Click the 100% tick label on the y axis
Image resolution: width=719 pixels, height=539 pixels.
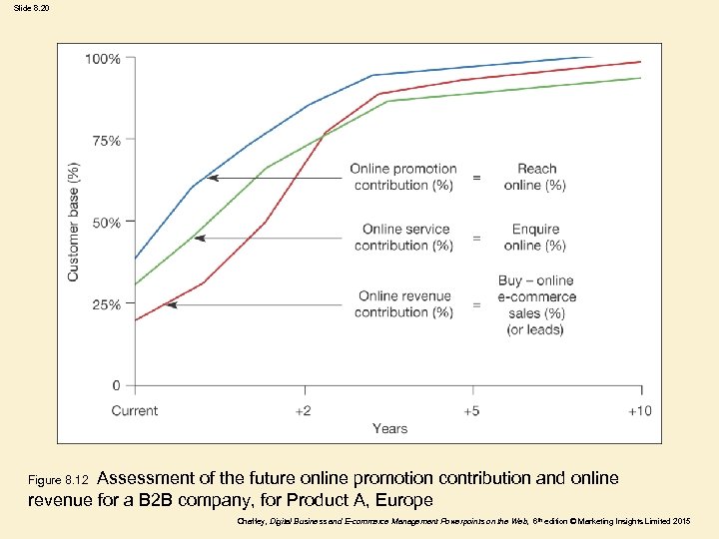tap(102, 59)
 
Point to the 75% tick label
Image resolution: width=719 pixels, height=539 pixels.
tap(106, 141)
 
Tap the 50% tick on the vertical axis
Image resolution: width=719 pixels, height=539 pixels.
tap(106, 223)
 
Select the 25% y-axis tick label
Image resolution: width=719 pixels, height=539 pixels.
tap(106, 304)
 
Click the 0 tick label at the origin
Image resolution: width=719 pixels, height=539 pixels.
tap(116, 386)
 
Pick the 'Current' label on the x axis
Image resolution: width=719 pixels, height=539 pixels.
tap(134, 410)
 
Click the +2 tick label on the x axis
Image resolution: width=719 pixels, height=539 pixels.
tap(303, 410)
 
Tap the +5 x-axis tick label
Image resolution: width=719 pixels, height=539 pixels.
tap(471, 410)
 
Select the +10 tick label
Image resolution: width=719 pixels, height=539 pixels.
tap(640, 410)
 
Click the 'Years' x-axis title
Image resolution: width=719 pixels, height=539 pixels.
tap(389, 428)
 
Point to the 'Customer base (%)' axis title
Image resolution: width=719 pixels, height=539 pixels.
tap(73, 222)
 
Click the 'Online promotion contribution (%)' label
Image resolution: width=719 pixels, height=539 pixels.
tap(403, 177)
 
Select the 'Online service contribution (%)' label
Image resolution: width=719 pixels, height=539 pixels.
tap(404, 238)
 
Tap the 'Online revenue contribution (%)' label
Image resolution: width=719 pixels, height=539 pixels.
tap(404, 303)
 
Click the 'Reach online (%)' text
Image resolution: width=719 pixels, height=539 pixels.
tap(536, 177)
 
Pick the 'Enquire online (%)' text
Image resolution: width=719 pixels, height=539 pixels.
tap(535, 238)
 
